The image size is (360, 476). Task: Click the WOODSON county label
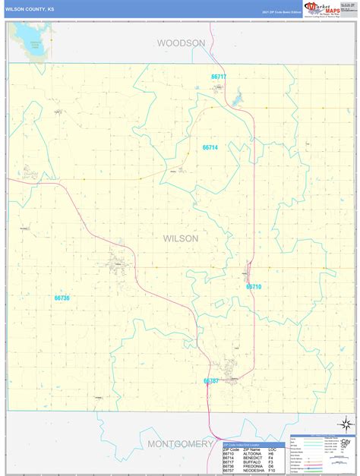[181, 43]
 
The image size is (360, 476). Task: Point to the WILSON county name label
[180, 238]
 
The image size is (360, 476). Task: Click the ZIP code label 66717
[219, 77]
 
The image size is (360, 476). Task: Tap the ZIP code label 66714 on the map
[210, 147]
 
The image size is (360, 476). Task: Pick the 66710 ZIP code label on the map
[254, 287]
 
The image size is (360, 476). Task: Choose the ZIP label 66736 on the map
[62, 298]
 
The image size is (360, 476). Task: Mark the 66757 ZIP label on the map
[211, 381]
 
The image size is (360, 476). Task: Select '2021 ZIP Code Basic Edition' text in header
[282, 13]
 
